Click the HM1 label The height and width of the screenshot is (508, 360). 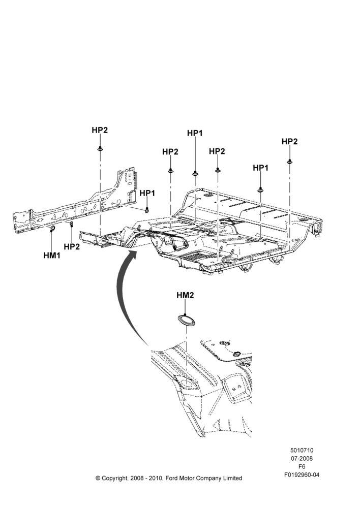(x=52, y=256)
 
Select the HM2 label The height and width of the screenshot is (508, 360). (x=185, y=295)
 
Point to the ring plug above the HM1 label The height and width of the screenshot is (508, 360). (x=52, y=230)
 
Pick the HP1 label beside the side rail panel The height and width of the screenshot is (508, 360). (x=147, y=193)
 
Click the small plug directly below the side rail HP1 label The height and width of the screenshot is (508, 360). (x=147, y=210)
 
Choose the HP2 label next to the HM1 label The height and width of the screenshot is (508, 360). (x=72, y=246)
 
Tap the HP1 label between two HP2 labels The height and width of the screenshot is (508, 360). (x=195, y=133)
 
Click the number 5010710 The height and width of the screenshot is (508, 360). (x=302, y=450)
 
